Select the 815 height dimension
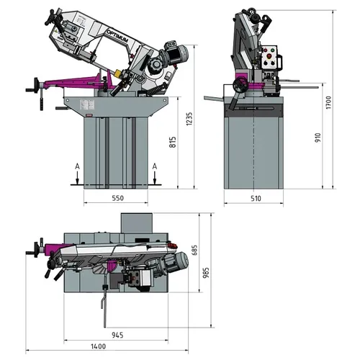pos(172,142)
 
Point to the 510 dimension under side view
pos(256,197)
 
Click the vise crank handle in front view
pos(33,85)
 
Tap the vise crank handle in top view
pos(33,251)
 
